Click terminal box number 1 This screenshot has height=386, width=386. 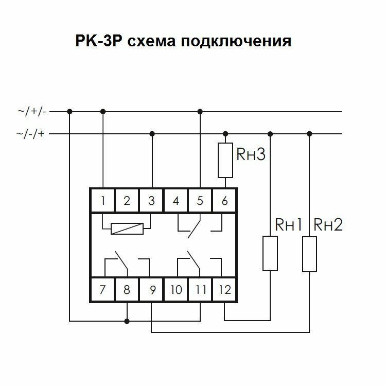coord(103,201)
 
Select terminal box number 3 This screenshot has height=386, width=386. coord(151,201)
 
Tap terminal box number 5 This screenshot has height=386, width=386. coord(200,201)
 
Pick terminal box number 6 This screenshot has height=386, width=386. coord(224,201)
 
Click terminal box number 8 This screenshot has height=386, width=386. coord(127,290)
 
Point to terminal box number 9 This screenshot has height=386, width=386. coord(151,290)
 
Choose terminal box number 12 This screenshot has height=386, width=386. coord(224,290)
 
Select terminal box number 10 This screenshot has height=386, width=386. coord(176,290)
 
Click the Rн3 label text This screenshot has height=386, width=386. coord(251,154)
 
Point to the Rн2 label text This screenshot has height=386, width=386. coord(328,225)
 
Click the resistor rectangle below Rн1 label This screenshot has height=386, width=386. coord(270,253)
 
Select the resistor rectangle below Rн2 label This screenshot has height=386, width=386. coord(309,254)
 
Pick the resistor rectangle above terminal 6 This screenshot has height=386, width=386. coord(225,161)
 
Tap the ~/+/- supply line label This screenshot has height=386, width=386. coord(32,111)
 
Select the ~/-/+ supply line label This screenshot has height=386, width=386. coord(32,134)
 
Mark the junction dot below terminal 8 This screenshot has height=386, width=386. coord(127,321)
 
